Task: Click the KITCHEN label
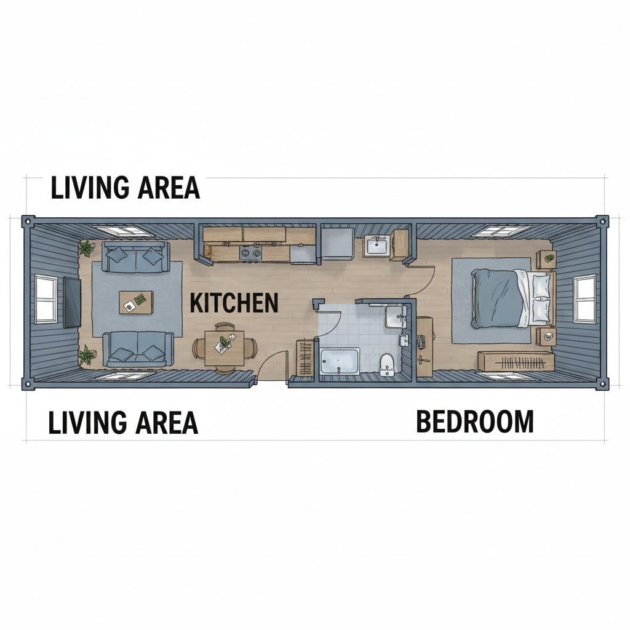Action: pyautogui.click(x=234, y=303)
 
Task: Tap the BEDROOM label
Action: pyautogui.click(x=475, y=421)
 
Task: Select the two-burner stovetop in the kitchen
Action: pyautogui.click(x=251, y=253)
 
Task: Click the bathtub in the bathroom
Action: pyautogui.click(x=340, y=361)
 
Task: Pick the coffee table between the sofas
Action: pyautogui.click(x=136, y=303)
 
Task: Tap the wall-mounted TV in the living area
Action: pyautogui.click(x=73, y=301)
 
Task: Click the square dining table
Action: pyautogui.click(x=225, y=348)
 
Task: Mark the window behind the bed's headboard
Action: pyautogui.click(x=584, y=298)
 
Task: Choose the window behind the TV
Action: pyautogui.click(x=46, y=299)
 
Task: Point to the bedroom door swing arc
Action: pyautogui.click(x=427, y=282)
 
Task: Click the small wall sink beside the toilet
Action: pyautogui.click(x=404, y=340)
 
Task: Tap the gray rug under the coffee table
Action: pyautogui.click(x=137, y=299)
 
